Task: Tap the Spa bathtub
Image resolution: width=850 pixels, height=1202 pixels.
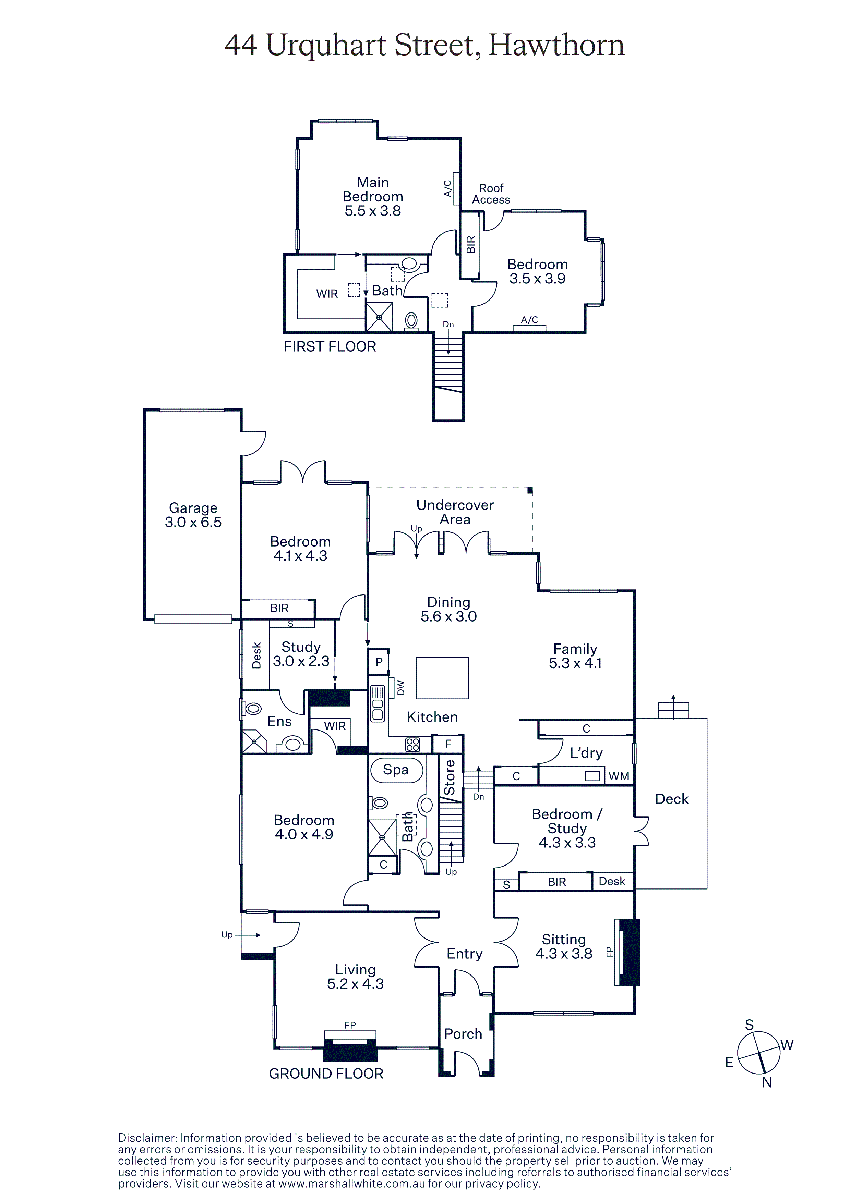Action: (x=396, y=770)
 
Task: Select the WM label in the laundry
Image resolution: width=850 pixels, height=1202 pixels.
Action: (x=619, y=776)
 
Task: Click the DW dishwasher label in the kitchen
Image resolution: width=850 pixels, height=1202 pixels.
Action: (x=400, y=687)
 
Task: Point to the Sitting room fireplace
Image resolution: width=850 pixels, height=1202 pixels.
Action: (x=628, y=952)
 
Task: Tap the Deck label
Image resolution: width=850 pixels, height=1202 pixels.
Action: (x=672, y=799)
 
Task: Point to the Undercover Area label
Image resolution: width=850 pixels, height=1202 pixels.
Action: (x=455, y=512)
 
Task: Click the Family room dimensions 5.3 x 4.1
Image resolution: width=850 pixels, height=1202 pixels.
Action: (x=575, y=663)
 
